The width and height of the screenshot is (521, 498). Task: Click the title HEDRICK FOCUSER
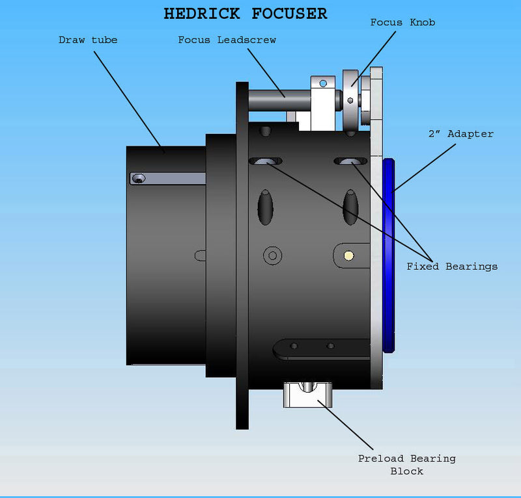[246, 14]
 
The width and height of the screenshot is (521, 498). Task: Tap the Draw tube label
[88, 40]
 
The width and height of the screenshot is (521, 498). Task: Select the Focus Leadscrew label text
[227, 40]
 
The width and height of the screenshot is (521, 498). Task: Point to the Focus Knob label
[402, 23]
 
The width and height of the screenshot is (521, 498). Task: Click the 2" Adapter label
[460, 134]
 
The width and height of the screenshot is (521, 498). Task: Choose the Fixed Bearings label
[452, 266]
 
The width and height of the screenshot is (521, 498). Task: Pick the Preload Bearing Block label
[406, 464]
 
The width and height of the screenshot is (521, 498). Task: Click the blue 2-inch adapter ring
[389, 254]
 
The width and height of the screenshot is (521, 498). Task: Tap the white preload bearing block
[307, 395]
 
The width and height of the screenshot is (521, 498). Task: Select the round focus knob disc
[352, 101]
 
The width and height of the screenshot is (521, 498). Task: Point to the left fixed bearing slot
[266, 161]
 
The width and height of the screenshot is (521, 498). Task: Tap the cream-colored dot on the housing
[348, 255]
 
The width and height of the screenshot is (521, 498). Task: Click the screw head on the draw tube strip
[138, 178]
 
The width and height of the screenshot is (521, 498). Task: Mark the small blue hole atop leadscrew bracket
[324, 83]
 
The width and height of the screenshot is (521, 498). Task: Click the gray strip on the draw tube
[169, 178]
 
